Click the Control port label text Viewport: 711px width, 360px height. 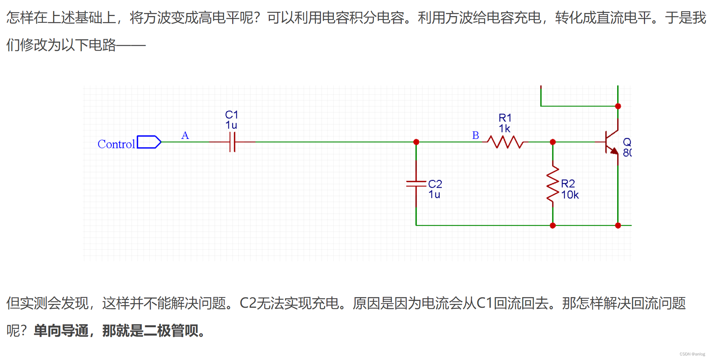click(116, 144)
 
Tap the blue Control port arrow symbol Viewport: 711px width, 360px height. click(149, 142)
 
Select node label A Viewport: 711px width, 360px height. click(185, 135)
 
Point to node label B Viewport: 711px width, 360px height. click(475, 135)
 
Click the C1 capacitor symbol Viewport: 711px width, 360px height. click(232, 142)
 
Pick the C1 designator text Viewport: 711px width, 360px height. click(231, 115)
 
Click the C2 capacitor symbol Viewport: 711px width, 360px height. click(416, 184)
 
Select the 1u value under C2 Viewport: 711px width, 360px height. click(434, 194)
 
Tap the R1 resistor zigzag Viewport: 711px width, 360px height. click(505, 142)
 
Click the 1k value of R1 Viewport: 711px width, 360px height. click(504, 129)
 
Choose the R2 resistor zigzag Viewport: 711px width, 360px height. click(553, 184)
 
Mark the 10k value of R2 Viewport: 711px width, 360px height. click(570, 195)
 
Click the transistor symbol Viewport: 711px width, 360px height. click(612, 142)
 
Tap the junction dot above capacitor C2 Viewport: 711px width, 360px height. click(416, 142)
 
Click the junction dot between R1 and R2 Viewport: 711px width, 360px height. click(553, 142)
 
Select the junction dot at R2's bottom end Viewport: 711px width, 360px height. click(553, 225)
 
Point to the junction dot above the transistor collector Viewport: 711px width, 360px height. click(618, 106)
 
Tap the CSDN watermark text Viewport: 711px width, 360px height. click(692, 354)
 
